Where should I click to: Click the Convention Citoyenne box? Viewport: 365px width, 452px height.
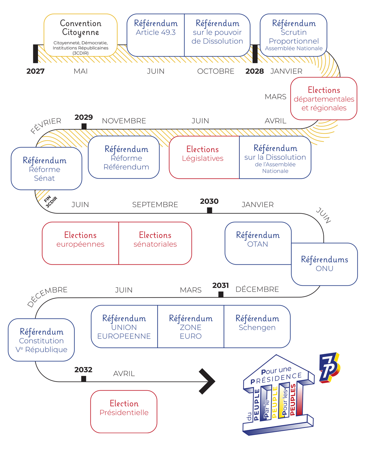pyautogui.click(x=80, y=35)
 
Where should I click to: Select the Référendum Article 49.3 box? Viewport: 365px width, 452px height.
pyautogui.click(x=156, y=35)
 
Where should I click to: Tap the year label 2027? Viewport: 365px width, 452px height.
pyautogui.click(x=35, y=71)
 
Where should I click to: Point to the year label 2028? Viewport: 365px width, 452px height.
pyautogui.click(x=255, y=71)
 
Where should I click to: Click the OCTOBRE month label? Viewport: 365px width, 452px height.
pyautogui.click(x=216, y=71)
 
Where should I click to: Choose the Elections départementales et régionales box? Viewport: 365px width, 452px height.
pyautogui.click(x=324, y=99)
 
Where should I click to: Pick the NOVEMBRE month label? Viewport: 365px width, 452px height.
pyautogui.click(x=124, y=121)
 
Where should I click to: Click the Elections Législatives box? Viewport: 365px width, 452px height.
pyautogui.click(x=204, y=157)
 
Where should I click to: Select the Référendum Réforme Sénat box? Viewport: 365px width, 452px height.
pyautogui.click(x=46, y=169)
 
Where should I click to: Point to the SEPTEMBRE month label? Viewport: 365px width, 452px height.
pyautogui.click(x=155, y=205)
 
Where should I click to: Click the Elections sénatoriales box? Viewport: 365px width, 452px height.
pyautogui.click(x=155, y=243)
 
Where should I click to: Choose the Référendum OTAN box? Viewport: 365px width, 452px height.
pyautogui.click(x=258, y=243)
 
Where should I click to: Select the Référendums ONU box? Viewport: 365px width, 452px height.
pyautogui.click(x=324, y=264)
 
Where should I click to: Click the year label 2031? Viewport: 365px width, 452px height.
pyautogui.click(x=220, y=285)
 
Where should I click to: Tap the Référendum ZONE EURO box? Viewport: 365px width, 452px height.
pyautogui.click(x=191, y=326)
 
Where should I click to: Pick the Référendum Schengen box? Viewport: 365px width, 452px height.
pyautogui.click(x=257, y=326)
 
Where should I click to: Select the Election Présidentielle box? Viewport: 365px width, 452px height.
pyautogui.click(x=124, y=411)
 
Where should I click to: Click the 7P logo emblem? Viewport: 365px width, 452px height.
pyautogui.click(x=329, y=367)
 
